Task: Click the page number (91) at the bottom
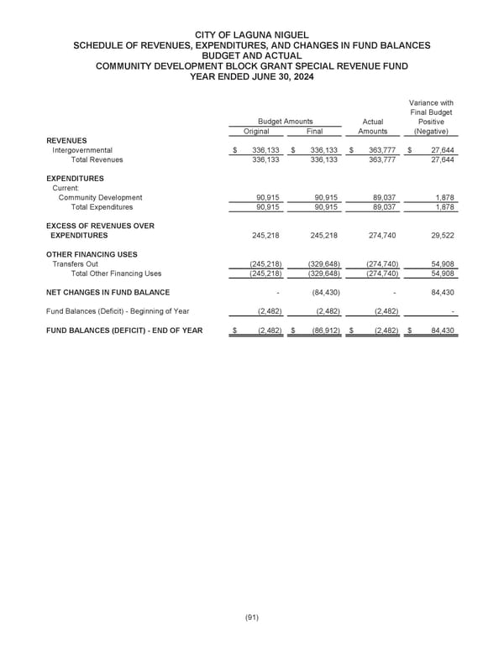[251, 617]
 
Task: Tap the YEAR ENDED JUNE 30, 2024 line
[251, 75]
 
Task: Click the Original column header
[256, 131]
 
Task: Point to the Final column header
[314, 131]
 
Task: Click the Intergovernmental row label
[82, 150]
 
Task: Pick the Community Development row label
[100, 198]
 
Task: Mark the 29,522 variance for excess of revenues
[441, 236]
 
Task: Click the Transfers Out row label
[75, 264]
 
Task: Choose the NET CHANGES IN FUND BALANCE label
[108, 293]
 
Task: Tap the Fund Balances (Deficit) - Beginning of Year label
[118, 311]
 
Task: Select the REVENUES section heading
[66, 140]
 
